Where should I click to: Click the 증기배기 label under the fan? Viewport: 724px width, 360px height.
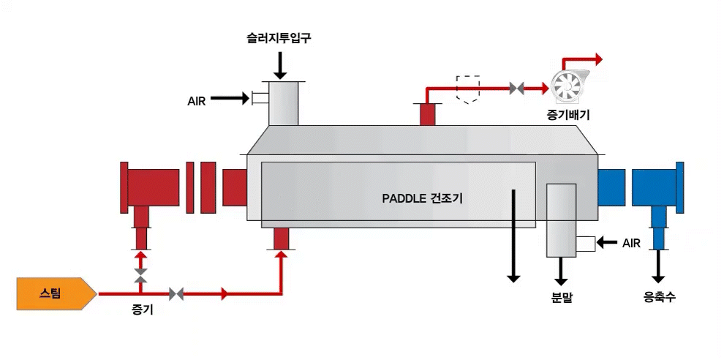[x=568, y=114]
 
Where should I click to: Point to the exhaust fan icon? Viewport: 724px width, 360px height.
[x=568, y=86]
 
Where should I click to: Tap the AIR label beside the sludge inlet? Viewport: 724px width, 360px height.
[x=197, y=101]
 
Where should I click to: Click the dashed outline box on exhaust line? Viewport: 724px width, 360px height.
[x=467, y=87]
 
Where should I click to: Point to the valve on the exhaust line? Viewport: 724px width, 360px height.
[x=517, y=89]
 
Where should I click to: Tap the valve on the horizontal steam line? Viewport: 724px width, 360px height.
[x=176, y=294]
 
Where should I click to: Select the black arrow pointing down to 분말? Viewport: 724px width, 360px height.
[x=562, y=271]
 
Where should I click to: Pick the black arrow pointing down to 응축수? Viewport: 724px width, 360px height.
[x=659, y=267]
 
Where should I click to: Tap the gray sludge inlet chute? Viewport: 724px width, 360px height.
[x=283, y=104]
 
